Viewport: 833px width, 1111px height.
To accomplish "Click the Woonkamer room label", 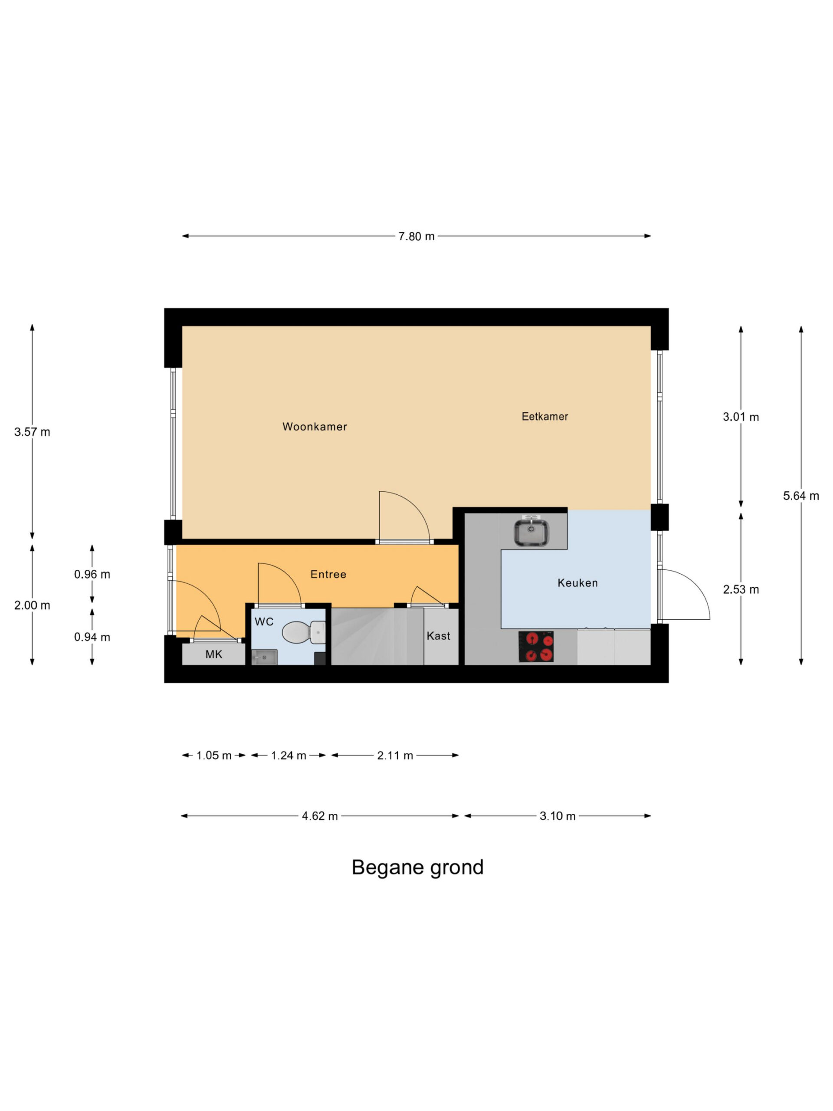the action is click(x=315, y=427).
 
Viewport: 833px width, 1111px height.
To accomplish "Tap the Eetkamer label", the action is click(x=545, y=416).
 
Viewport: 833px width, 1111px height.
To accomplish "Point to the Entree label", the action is click(x=328, y=575).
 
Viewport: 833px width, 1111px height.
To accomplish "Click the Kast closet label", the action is click(x=438, y=636).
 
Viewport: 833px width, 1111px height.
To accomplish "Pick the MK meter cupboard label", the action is click(x=213, y=654).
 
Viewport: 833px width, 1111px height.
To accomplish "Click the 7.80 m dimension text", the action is click(x=416, y=236).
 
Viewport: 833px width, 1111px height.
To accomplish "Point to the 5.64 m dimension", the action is click(x=801, y=496).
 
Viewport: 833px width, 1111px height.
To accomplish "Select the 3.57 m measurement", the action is click(x=32, y=432).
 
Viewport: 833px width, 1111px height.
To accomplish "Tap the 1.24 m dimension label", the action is click(x=289, y=756).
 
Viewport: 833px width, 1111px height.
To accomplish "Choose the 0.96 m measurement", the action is click(x=92, y=574).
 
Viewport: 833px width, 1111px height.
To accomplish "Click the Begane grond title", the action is click(x=417, y=868).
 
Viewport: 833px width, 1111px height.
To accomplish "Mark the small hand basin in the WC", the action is click(x=264, y=657).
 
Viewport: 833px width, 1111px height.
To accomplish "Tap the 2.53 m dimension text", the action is click(x=741, y=590).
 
